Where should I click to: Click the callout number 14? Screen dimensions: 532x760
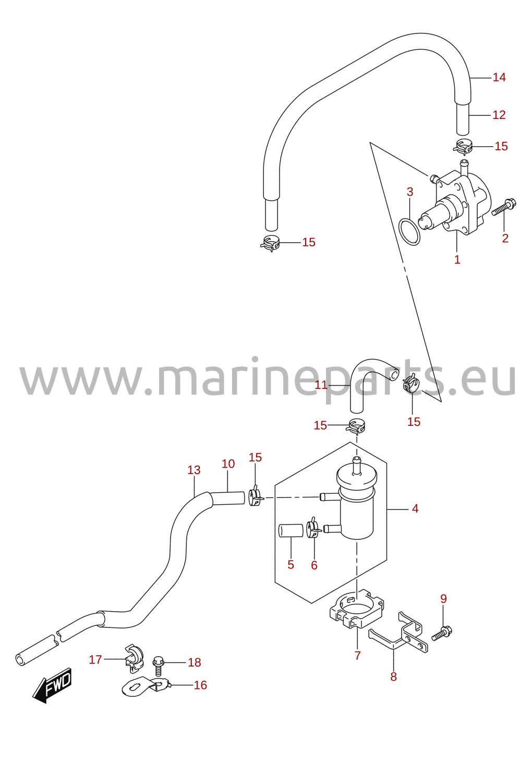499,77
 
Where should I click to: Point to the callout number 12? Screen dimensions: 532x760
499,115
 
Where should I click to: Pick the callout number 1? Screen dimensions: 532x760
457,259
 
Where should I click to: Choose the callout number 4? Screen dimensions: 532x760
415,508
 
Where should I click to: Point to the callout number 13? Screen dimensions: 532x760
194,470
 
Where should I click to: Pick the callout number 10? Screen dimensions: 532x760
228,464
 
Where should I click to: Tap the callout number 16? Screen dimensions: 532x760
200,685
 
